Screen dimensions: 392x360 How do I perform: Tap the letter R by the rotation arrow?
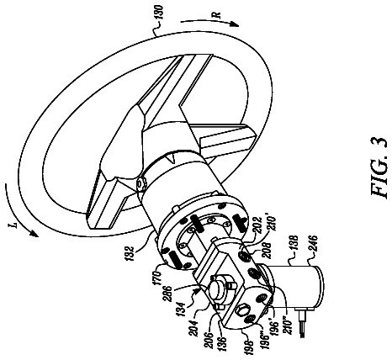pos(218,15)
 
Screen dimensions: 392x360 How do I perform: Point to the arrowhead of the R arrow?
pos(234,24)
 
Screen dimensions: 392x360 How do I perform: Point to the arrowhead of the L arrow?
pos(34,233)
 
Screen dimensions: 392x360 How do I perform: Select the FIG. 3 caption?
pos(379,167)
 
